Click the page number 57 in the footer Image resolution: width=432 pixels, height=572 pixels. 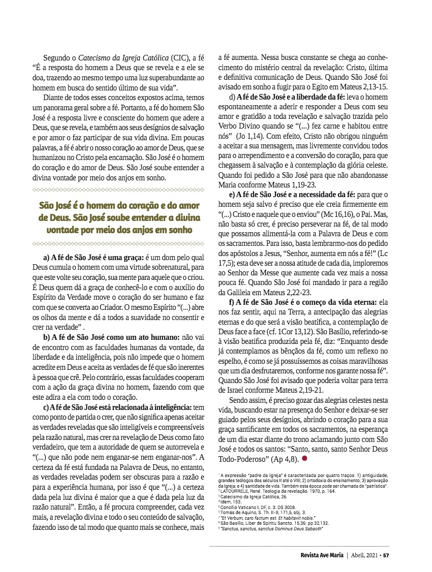pos(386,555)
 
